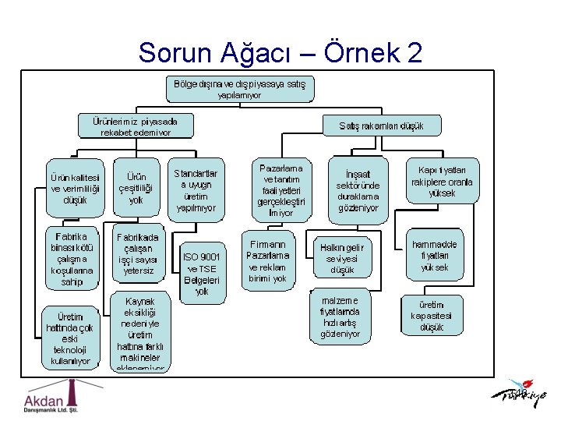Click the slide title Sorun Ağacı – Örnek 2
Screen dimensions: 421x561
(280, 52)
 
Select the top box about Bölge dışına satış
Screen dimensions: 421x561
(240, 88)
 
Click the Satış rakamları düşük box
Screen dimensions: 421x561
(381, 126)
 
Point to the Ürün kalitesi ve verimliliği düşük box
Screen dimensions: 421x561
(75, 188)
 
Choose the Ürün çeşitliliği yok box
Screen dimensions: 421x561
(136, 188)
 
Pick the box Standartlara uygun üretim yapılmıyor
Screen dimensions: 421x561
(196, 190)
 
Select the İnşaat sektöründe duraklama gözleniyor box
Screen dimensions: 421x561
(358, 190)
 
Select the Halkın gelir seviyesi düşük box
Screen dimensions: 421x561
(342, 258)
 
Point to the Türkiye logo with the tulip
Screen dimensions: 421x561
(519, 394)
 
